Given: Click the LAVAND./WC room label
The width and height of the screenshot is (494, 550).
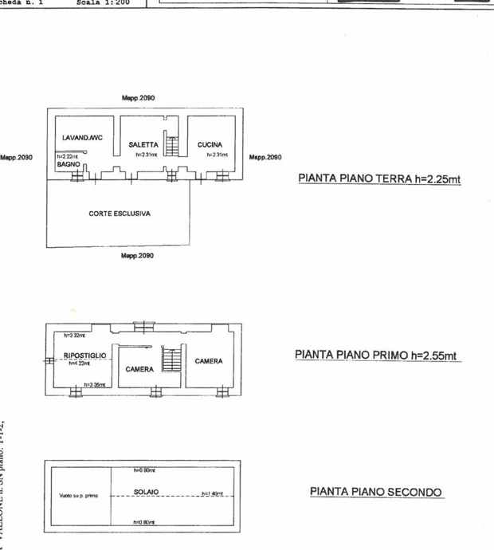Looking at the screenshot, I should click(x=82, y=137).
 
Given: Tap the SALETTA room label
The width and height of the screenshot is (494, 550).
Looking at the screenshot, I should click(x=143, y=145).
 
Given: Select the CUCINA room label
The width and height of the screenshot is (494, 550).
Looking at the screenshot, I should click(x=210, y=145).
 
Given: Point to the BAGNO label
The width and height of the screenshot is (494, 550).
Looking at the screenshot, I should click(x=69, y=164).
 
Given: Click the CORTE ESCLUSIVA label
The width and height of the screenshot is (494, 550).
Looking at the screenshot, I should click(x=120, y=214).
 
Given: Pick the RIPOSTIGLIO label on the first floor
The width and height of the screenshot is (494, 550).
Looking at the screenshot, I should click(x=84, y=356).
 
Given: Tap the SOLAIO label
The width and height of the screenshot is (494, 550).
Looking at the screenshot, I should click(x=146, y=492).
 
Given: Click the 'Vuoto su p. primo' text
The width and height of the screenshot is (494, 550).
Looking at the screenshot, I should click(x=79, y=496).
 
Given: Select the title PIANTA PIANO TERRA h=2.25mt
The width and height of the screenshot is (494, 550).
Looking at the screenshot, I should click(x=379, y=179).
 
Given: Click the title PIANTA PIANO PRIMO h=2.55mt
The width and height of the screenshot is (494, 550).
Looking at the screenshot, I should click(x=378, y=355).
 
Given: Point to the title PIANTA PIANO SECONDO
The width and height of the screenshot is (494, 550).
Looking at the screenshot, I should click(x=375, y=492).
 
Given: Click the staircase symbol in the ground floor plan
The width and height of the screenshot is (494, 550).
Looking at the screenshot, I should click(x=171, y=146).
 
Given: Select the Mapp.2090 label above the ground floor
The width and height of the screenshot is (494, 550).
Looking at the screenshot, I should click(x=138, y=97).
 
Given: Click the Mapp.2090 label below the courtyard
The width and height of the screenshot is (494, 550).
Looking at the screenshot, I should click(x=137, y=256).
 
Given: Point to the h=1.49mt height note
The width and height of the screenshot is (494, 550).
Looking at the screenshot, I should click(x=212, y=493).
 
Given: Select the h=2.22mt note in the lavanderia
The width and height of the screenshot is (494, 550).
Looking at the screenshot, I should click(x=67, y=157).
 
